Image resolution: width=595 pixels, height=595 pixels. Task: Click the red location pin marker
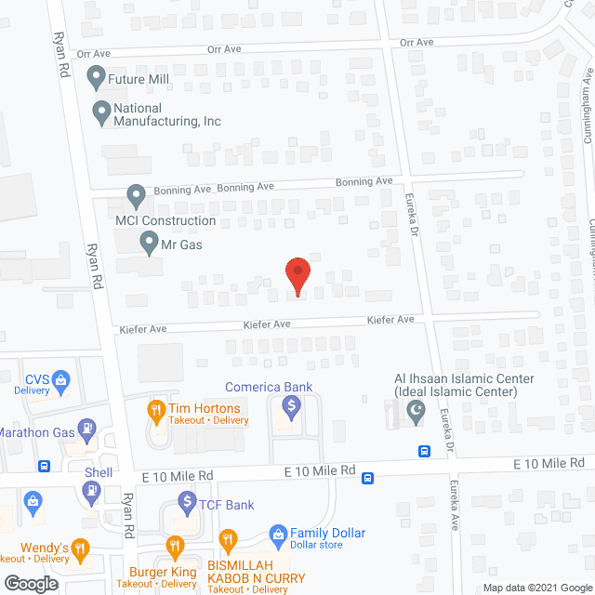click(x=297, y=275)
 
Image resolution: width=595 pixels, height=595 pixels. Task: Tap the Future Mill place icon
click(x=95, y=75)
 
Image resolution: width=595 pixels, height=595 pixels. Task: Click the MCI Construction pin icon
click(x=136, y=196)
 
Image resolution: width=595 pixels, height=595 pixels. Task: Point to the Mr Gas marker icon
click(x=149, y=245)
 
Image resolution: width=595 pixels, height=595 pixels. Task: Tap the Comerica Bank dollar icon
click(x=291, y=406)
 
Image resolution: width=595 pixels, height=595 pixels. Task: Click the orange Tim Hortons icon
click(x=157, y=409)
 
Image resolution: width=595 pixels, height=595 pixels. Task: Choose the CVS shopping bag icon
click(x=60, y=379)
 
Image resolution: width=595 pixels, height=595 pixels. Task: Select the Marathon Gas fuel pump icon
click(x=86, y=429)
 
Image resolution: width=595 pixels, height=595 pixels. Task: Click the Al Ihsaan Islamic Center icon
click(x=416, y=410)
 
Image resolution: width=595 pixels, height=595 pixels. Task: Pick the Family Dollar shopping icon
click(x=276, y=534)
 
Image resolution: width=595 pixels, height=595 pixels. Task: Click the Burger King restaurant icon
click(x=174, y=546)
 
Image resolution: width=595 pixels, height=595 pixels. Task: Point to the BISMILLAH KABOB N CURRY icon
click(x=226, y=539)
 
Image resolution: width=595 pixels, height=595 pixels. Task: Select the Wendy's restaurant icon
click(x=81, y=547)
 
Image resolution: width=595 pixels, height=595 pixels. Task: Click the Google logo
click(x=30, y=583)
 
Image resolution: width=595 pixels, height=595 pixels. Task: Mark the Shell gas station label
click(x=99, y=472)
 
